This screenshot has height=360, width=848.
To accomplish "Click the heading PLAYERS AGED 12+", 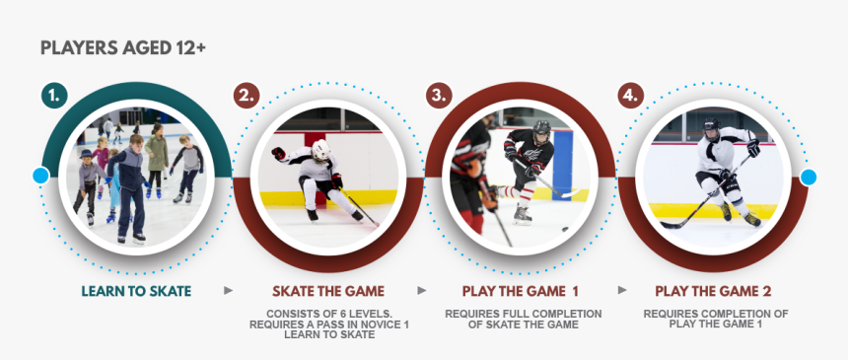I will point(123,47).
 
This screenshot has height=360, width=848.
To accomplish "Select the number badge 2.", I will point(247,96).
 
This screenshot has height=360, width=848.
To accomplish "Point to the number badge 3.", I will point(440,96).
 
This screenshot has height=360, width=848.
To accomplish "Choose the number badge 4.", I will point(631,96).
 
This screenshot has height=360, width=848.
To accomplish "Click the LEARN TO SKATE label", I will point(136,291).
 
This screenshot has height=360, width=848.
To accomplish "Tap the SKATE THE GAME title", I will point(328,291).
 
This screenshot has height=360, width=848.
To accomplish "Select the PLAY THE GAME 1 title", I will point(521,291).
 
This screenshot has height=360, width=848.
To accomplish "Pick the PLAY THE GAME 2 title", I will point(714,291).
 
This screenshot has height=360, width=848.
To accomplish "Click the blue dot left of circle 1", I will point(40,176).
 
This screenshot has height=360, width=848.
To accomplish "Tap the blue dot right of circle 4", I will point(809,178).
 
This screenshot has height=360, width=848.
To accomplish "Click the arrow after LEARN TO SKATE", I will point(229,291).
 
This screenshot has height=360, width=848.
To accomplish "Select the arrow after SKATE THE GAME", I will point(422,291).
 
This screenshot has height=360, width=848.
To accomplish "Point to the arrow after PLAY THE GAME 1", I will point(622,291).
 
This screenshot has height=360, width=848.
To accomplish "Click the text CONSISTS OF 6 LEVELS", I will point(328,314).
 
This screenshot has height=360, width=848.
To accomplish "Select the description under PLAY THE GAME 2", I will point(715,319).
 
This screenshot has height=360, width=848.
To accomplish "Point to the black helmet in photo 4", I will point(712,127).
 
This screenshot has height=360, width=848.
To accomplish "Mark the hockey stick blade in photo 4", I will point(669,226).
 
